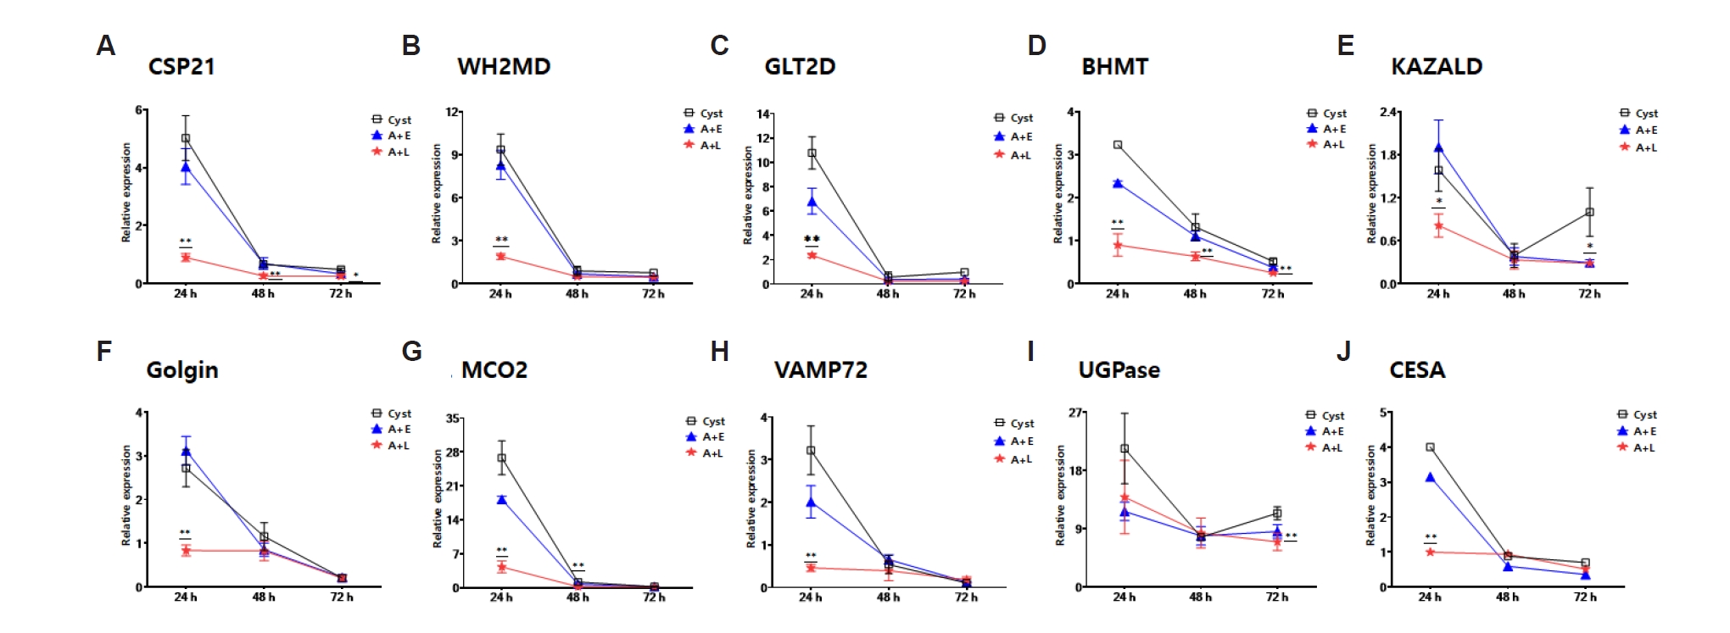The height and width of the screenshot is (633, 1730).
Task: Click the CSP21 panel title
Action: pyautogui.click(x=181, y=67)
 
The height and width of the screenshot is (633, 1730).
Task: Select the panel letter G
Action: pyautogui.click(x=411, y=352)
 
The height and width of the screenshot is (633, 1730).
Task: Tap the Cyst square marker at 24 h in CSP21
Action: pyautogui.click(x=186, y=138)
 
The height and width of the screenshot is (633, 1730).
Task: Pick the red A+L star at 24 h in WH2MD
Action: pyautogui.click(x=501, y=256)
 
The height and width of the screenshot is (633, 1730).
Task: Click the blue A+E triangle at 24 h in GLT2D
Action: pyautogui.click(x=812, y=202)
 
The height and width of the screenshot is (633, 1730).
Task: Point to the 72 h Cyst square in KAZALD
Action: pyautogui.click(x=1589, y=212)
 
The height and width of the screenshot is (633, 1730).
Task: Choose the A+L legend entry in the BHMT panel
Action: pyautogui.click(x=1326, y=145)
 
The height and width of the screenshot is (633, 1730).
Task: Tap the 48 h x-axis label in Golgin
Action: pyautogui.click(x=264, y=597)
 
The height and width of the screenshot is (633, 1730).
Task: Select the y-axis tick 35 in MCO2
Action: pyautogui.click(x=453, y=419)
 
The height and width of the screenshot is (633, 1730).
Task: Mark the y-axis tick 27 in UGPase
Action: pyautogui.click(x=1075, y=413)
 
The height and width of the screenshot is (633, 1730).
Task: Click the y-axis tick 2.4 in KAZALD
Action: pyautogui.click(x=1388, y=112)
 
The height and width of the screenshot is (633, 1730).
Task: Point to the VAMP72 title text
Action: pyautogui.click(x=820, y=370)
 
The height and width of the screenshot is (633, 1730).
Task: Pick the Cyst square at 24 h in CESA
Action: pyautogui.click(x=1430, y=447)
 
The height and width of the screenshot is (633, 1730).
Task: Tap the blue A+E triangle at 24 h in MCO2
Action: pyautogui.click(x=501, y=500)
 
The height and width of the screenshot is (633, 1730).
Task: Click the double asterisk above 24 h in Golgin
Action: pyautogui.click(x=185, y=533)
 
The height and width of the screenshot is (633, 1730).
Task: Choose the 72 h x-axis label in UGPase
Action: pyautogui.click(x=1277, y=597)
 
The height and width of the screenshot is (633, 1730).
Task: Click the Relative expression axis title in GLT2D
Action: pyautogui.click(x=747, y=196)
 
